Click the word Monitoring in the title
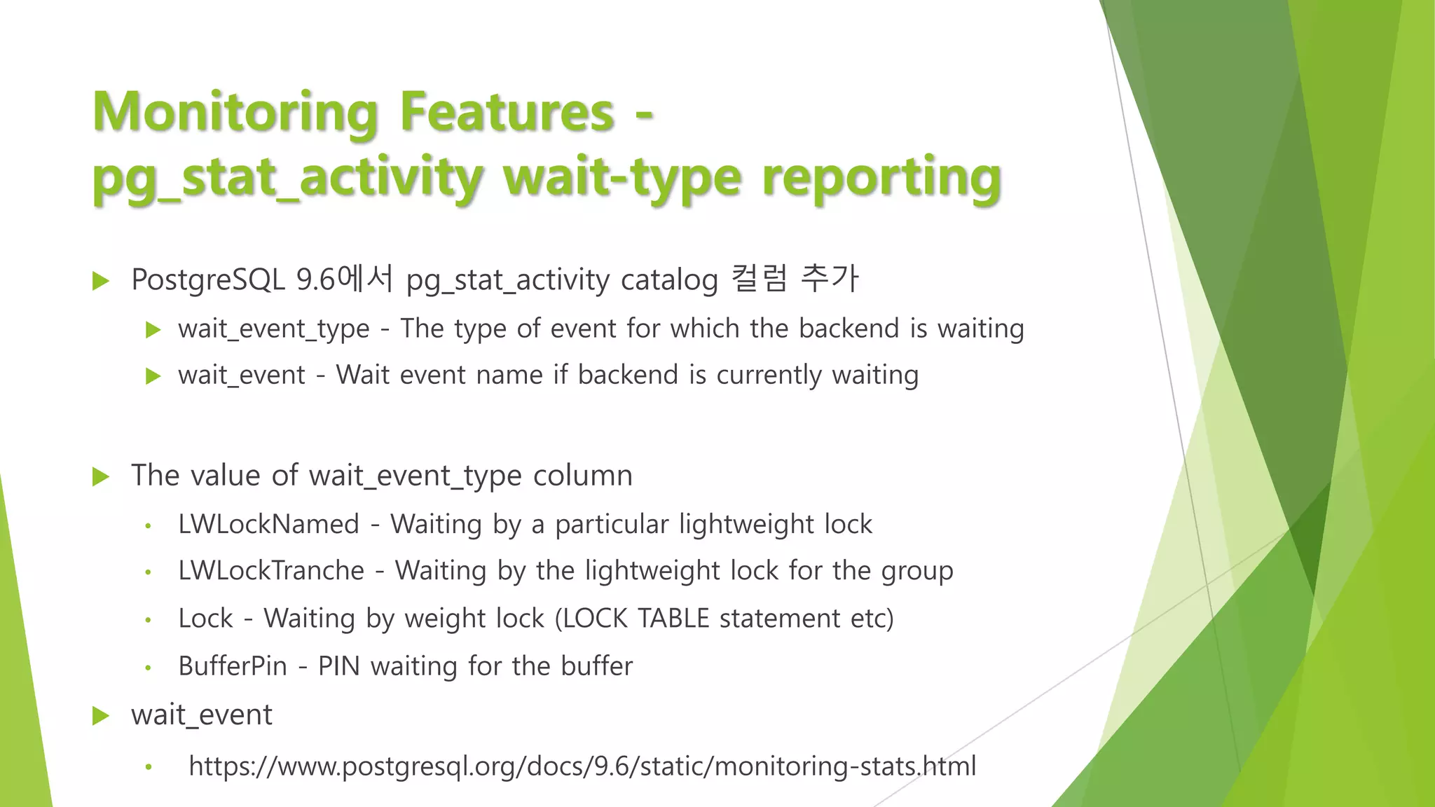click(x=235, y=112)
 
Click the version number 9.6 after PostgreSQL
click(x=315, y=280)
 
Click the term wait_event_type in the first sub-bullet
click(x=273, y=329)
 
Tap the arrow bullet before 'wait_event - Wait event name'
click(x=153, y=376)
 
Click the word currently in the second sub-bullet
click(x=768, y=375)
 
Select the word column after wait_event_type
click(x=582, y=476)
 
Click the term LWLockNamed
click(x=268, y=525)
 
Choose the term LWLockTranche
click(x=271, y=571)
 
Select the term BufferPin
click(x=233, y=666)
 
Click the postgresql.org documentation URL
click(x=582, y=766)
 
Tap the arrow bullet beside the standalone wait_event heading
click(x=101, y=716)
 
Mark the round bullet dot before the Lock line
click(x=148, y=620)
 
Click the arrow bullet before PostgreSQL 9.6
click(x=101, y=282)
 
